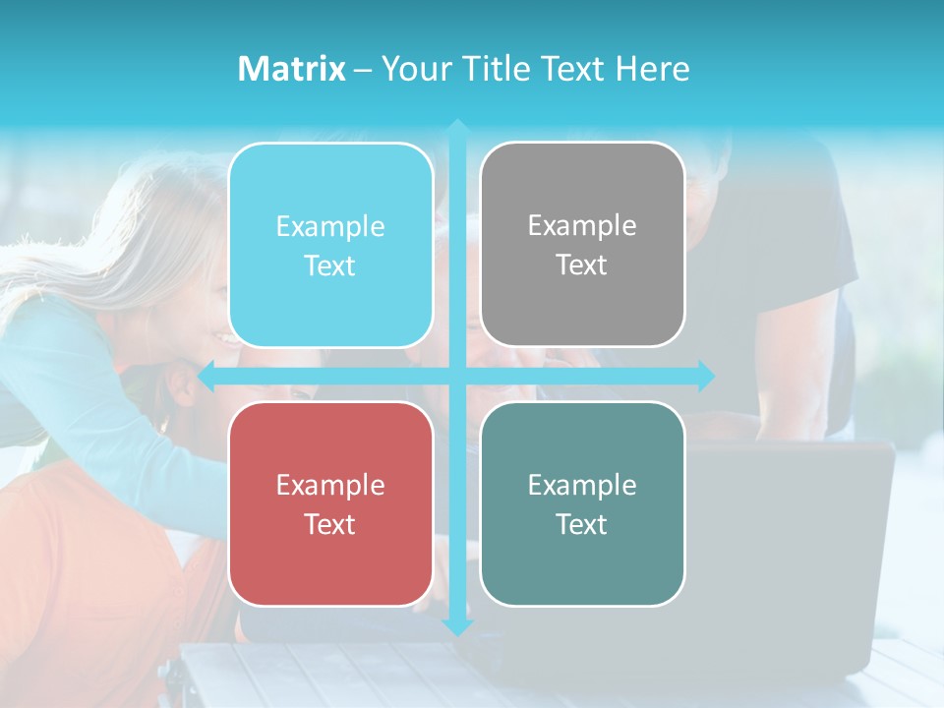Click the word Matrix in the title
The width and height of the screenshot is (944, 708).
pos(292,69)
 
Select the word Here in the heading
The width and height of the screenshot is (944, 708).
pos(652,69)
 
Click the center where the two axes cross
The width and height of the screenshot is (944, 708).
pos(457,376)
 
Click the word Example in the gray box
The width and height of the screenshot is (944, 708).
pos(582,226)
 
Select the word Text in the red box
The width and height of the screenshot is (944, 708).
pos(329,524)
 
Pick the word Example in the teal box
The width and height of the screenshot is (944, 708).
pos(582,485)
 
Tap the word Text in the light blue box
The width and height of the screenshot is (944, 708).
pos(329,266)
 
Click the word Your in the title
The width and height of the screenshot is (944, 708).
pos(413,69)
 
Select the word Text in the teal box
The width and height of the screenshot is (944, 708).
pos(581,524)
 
